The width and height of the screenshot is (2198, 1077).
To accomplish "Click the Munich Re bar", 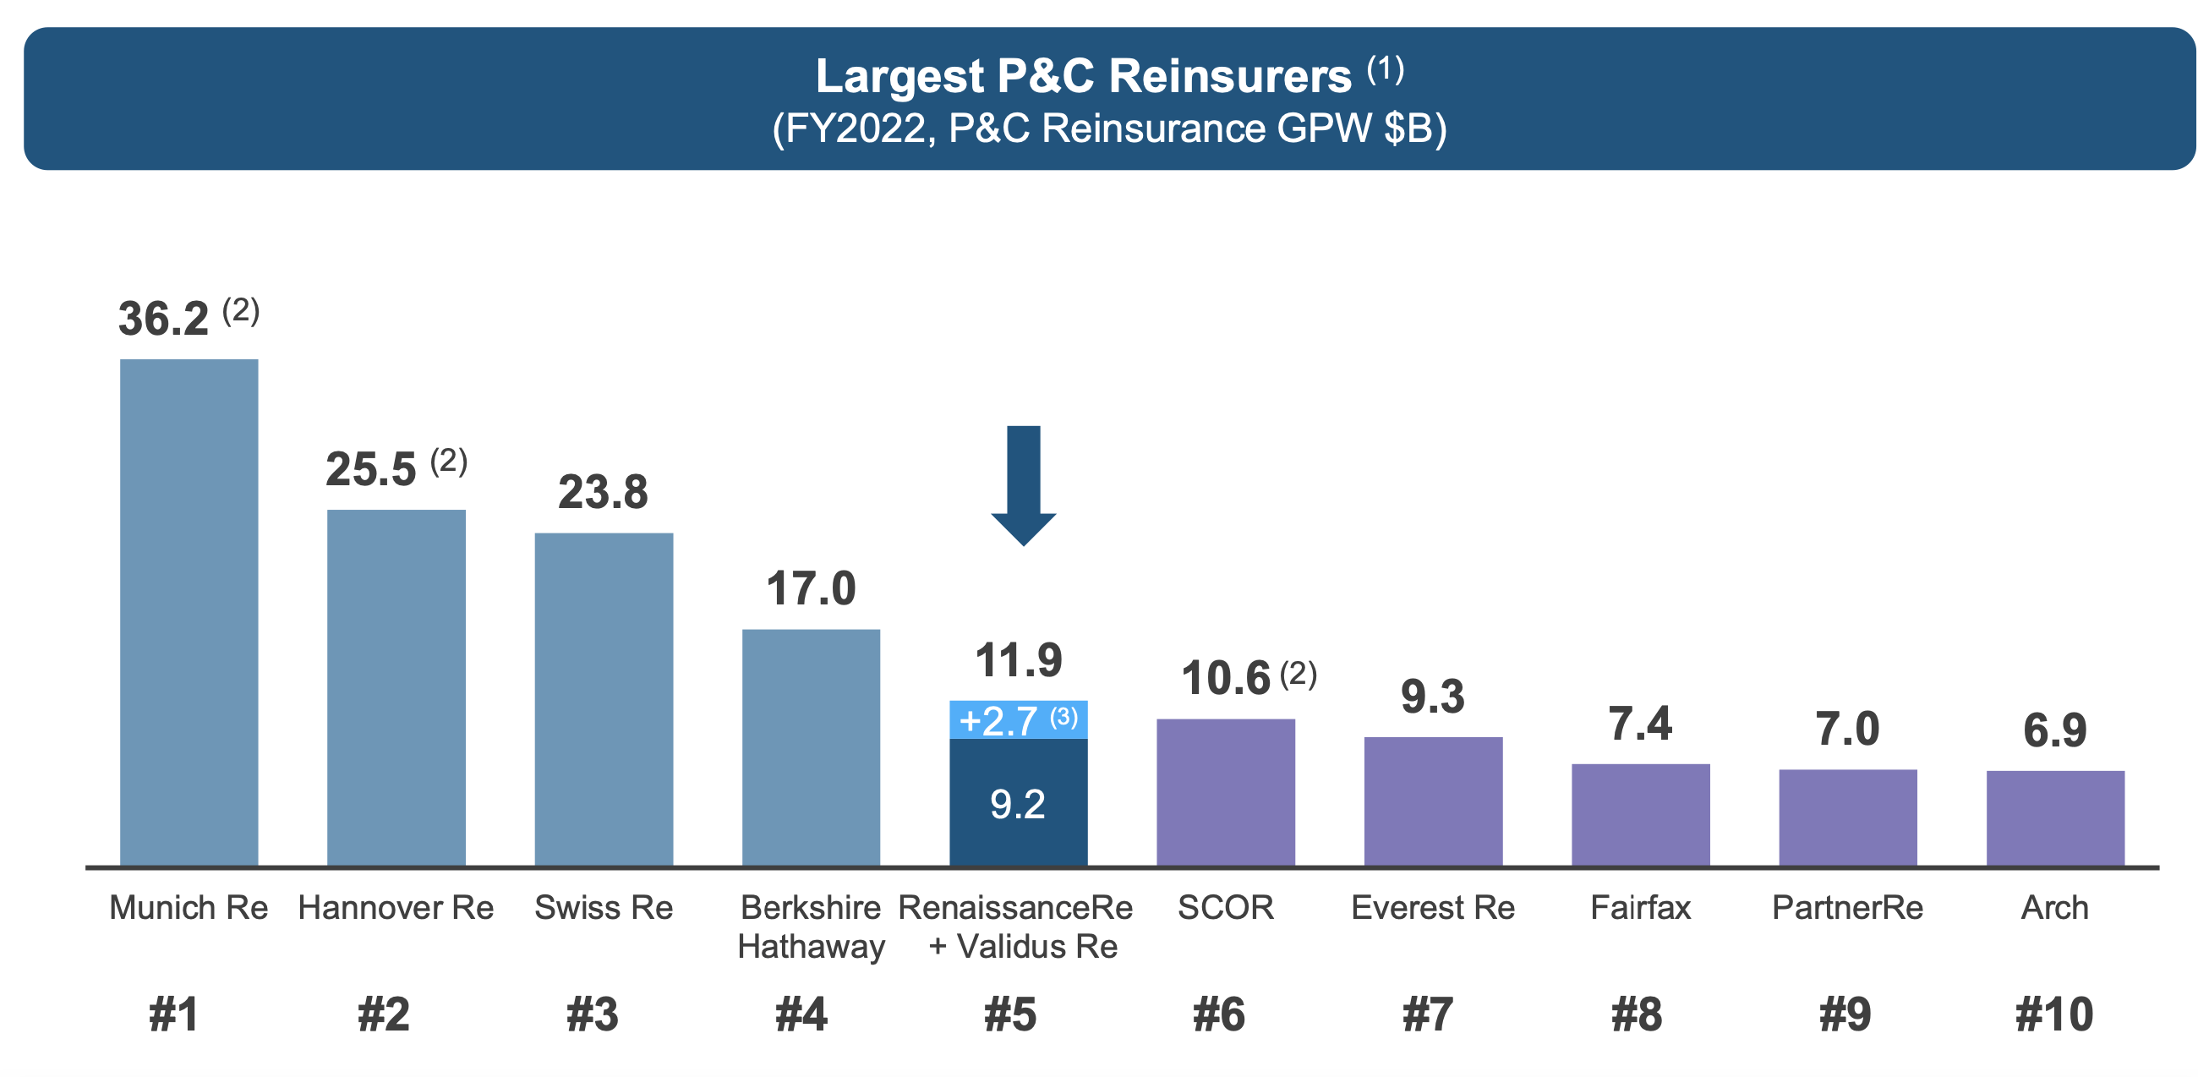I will click(189, 612).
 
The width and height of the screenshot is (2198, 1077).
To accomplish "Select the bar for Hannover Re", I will click(396, 687).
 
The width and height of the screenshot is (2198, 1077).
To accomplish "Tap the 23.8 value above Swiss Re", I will click(604, 492).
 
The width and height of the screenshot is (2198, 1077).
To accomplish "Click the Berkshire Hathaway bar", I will click(811, 746).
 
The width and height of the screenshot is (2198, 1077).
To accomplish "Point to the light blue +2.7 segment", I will click(1018, 720).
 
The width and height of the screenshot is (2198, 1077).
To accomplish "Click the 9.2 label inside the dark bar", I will click(1017, 804).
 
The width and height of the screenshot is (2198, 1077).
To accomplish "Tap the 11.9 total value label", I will click(1018, 660).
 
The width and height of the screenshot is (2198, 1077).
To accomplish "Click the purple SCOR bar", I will click(1225, 792).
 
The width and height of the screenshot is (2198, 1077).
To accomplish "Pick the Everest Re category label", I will click(1433, 907).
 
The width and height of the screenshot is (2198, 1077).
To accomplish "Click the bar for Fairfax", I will click(1640, 814).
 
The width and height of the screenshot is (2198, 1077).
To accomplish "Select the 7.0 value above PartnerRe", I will click(1847, 729).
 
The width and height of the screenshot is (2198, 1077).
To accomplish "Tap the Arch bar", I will click(2054, 817).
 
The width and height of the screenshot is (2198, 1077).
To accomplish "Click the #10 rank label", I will click(2053, 1014).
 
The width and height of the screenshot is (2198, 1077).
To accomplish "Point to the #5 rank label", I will click(1009, 1014).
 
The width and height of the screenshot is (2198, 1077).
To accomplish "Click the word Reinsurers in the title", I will click(1229, 76).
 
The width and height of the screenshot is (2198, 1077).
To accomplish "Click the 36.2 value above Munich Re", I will click(163, 320).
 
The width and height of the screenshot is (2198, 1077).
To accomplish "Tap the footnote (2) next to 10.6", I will click(1298, 674).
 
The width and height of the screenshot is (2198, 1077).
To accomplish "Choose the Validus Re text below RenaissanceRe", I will click(1036, 947).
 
